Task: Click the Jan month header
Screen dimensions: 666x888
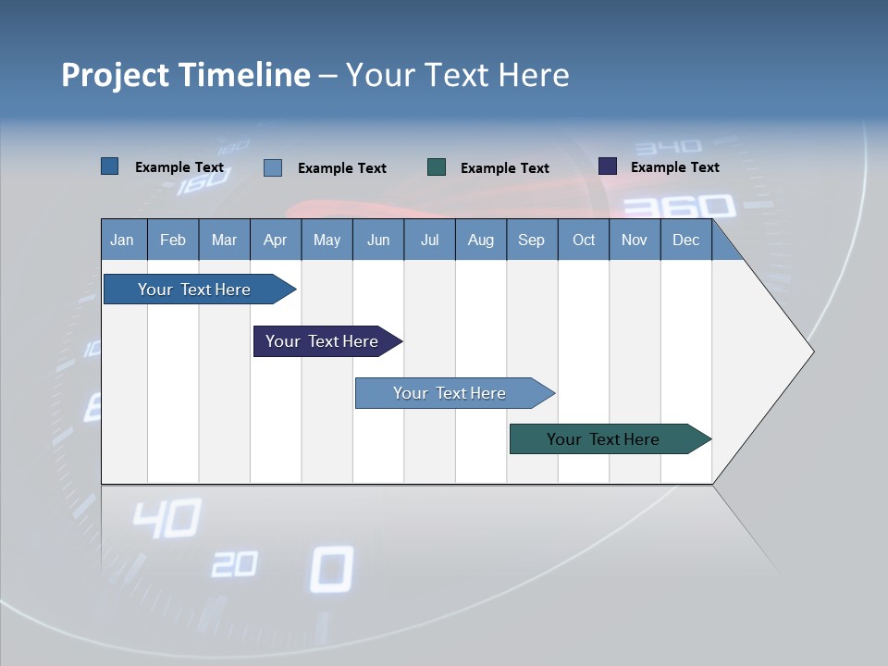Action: [x=122, y=240]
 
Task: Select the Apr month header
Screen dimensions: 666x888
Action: [x=275, y=240]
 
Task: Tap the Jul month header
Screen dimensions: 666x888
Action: [x=429, y=240]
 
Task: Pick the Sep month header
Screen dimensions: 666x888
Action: [x=531, y=240]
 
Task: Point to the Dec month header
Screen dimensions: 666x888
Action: [x=685, y=240]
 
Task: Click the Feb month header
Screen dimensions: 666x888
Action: [x=173, y=240]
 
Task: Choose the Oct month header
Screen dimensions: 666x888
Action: [x=584, y=240]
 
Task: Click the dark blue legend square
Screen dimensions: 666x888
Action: [x=109, y=166]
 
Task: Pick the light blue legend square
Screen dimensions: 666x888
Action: [x=273, y=167]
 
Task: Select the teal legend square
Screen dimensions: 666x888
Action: [x=437, y=167]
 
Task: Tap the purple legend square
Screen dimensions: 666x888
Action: [x=608, y=166]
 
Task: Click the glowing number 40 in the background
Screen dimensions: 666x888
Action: [x=166, y=519]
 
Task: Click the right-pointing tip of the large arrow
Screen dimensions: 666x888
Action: [x=810, y=351]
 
